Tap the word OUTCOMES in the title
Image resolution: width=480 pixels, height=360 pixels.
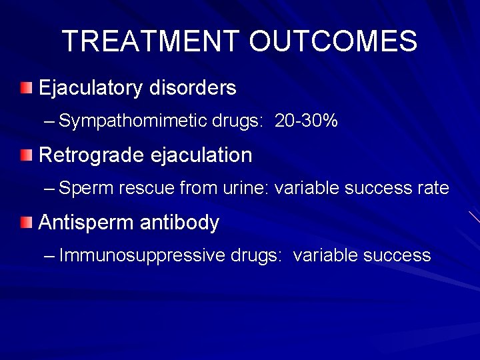pyautogui.click(x=333, y=41)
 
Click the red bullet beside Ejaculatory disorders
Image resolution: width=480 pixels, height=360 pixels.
pyautogui.click(x=25, y=88)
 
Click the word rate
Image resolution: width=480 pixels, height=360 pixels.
pyautogui.click(x=433, y=189)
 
